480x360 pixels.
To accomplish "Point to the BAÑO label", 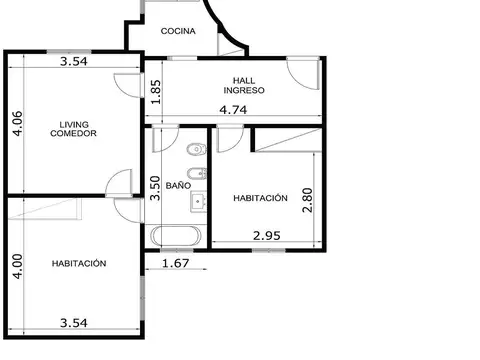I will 178,186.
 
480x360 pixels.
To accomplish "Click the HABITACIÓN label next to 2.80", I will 260,198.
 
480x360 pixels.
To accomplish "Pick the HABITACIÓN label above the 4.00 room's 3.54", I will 79,263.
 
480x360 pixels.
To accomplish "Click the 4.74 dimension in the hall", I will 233,110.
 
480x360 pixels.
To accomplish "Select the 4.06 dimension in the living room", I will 16,124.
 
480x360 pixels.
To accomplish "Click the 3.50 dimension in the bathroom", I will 155,187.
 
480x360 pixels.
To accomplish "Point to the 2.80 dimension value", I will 308,198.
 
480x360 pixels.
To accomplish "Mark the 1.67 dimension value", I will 175,263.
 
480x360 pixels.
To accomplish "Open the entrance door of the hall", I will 297,72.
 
